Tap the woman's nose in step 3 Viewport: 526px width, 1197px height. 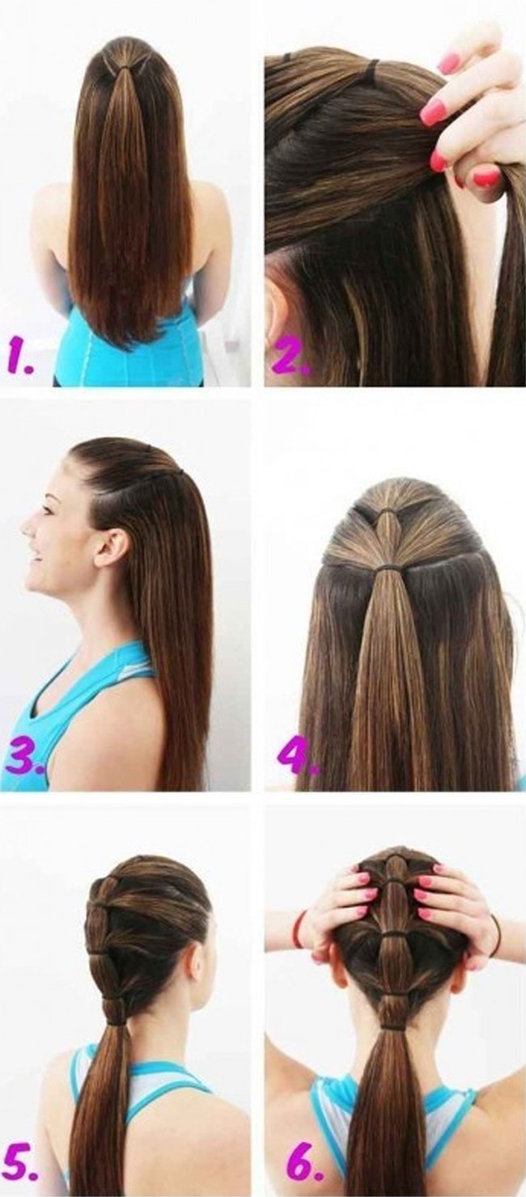pos(27,524)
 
